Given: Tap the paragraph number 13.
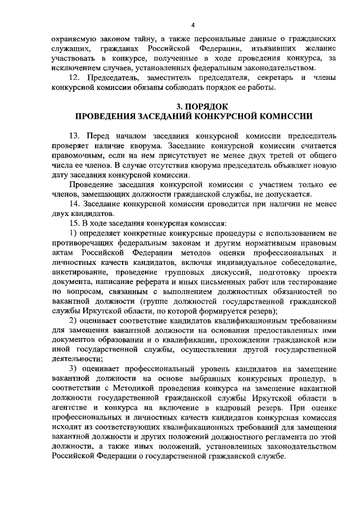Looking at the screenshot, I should tap(75, 137).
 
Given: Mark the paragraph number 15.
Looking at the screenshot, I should tap(73, 223).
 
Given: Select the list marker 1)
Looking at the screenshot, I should tap(74, 233).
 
